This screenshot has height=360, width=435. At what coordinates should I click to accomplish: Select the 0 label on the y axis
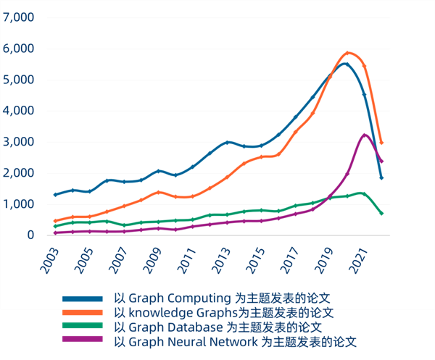(31, 235)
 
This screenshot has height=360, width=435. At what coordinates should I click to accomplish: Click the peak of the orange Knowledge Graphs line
(348, 53)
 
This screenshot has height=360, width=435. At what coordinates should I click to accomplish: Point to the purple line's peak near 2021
(365, 135)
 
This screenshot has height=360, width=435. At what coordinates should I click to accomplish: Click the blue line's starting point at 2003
(56, 194)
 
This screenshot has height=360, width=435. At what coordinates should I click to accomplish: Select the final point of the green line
(381, 213)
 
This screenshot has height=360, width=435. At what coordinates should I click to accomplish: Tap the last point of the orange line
(381, 143)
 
